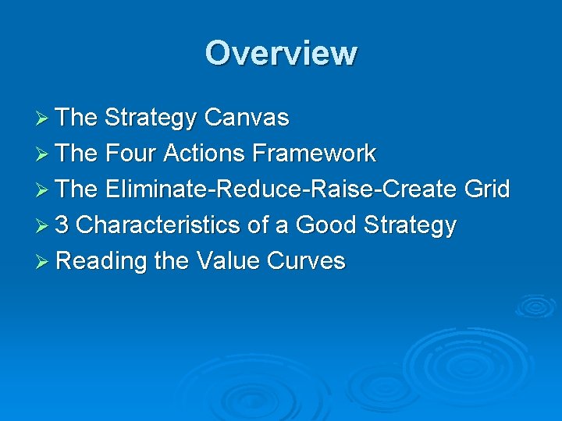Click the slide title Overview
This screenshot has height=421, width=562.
281,53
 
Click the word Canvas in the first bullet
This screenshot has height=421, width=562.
246,118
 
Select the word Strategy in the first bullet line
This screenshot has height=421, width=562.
151,118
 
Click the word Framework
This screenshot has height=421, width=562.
315,154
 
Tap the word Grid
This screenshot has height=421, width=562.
486,189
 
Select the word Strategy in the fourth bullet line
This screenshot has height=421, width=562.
409,225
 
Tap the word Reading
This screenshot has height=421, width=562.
101,261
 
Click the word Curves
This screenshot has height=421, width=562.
306,261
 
